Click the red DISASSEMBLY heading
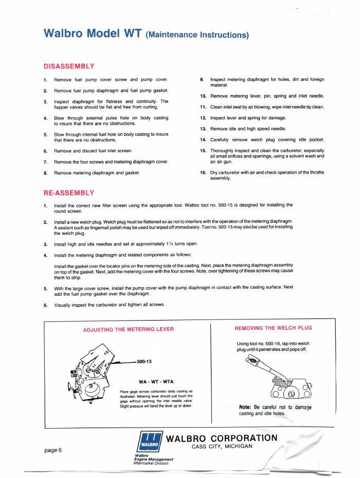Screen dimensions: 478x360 click(x=69, y=66)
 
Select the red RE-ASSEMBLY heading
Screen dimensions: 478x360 click(x=69, y=193)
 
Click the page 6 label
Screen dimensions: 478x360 click(x=53, y=450)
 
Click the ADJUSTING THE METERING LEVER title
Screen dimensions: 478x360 click(x=128, y=329)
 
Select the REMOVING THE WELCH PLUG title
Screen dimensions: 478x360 click(x=273, y=328)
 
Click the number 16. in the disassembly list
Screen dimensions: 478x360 click(x=203, y=172)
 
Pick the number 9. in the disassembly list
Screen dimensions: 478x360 click(x=202, y=79)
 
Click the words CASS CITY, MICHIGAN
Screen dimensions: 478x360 click(x=222, y=446)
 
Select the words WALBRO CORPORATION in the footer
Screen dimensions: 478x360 click(x=222, y=437)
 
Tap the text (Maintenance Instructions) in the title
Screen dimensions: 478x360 click(x=197, y=35)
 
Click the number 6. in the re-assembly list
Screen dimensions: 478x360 click(x=46, y=305)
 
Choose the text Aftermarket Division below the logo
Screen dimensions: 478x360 click(x=150, y=463)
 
